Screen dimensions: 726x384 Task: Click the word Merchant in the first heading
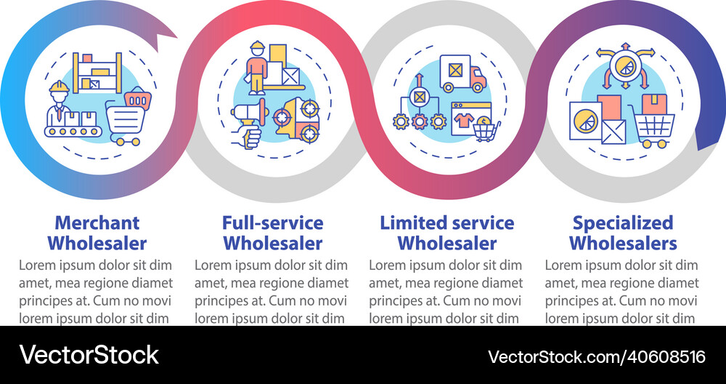click(x=97, y=223)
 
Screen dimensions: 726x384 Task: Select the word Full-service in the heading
click(x=273, y=223)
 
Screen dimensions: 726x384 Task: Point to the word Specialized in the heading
click(x=623, y=224)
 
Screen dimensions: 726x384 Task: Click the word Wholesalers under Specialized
click(x=623, y=243)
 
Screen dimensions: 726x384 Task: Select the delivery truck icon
click(x=462, y=73)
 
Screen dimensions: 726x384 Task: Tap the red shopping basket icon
click(x=137, y=98)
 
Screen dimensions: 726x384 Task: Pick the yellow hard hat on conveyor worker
click(x=60, y=87)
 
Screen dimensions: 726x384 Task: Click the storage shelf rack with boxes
click(x=97, y=73)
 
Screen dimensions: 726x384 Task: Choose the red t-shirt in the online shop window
click(x=463, y=120)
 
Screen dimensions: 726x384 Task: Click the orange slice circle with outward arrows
click(x=624, y=67)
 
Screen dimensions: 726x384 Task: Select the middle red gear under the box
click(x=420, y=121)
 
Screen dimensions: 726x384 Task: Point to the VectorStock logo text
click(x=89, y=355)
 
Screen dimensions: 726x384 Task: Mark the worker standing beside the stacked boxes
click(x=257, y=68)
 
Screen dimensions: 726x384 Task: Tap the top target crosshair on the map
click(x=308, y=108)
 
